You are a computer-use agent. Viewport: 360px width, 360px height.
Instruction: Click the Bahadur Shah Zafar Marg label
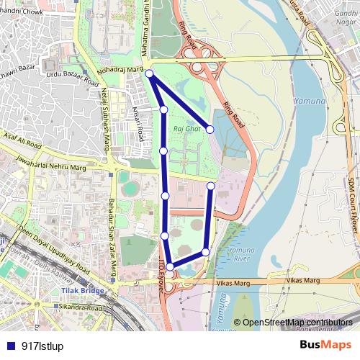coord(112,230)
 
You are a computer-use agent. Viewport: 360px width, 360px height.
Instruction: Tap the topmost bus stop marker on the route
coord(149,73)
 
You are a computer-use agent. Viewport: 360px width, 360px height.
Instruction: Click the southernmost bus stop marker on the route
coord(171,267)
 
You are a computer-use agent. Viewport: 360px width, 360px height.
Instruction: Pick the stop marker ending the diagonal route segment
coord(210,130)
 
